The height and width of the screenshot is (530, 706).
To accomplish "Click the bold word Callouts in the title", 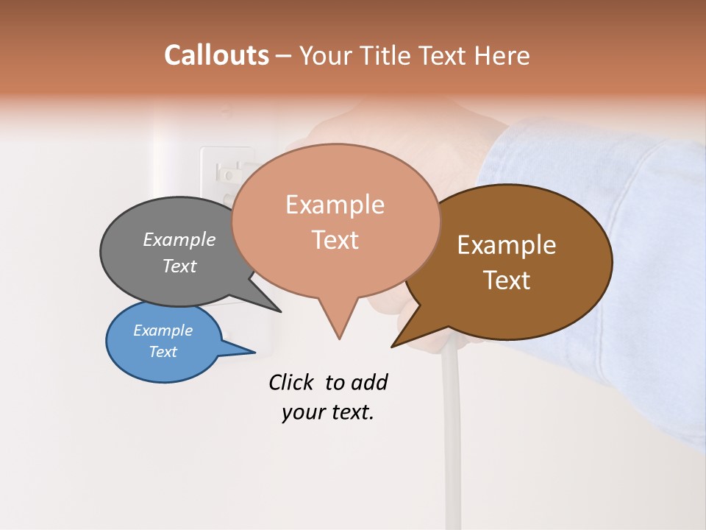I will click(x=216, y=55).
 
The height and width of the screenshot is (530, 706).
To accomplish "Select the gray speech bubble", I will click(x=162, y=280).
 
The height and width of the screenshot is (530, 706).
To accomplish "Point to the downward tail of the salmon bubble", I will click(x=338, y=324).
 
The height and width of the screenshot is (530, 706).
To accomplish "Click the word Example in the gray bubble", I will click(x=179, y=240).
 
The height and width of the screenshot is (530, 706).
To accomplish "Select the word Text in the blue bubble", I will click(x=163, y=352).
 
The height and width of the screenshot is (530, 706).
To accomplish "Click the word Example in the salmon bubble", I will click(x=335, y=204).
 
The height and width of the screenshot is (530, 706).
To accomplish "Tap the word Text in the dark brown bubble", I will click(x=507, y=280).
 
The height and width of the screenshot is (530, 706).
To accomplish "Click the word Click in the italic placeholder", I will click(x=293, y=382).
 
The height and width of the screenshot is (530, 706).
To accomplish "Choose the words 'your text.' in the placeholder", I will click(x=328, y=412).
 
